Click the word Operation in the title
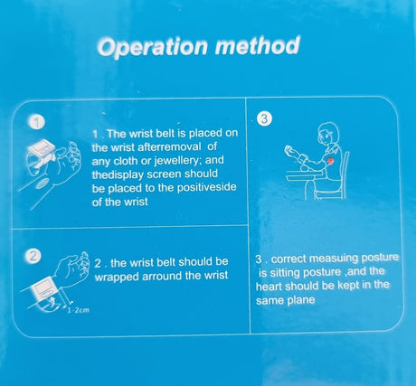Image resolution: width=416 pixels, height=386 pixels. coord(153,47)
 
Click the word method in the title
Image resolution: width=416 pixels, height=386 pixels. coord(258,45)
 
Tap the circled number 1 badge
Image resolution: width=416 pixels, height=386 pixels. coord(38,123)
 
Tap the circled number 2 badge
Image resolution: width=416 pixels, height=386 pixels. coord(33,257)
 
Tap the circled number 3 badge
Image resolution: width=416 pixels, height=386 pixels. coord(264,118)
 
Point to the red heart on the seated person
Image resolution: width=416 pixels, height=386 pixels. coord(330,161)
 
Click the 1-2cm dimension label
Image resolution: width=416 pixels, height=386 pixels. coord(78,310)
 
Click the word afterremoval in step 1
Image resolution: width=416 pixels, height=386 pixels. coord(169,147)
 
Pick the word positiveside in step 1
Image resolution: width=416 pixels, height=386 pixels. coord(206,187)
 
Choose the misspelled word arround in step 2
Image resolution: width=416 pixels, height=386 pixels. coord(162,276)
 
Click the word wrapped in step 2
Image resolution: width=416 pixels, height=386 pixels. coord(117,278)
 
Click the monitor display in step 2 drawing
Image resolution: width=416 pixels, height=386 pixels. coord(45,288)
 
